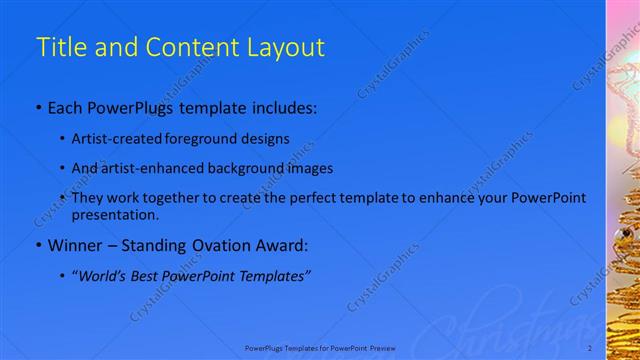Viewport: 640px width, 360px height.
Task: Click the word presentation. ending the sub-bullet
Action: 116,214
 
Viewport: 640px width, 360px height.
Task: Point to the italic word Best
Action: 153,274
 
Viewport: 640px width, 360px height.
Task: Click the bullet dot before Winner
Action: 38,244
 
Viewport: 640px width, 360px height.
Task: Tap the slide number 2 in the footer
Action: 590,347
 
